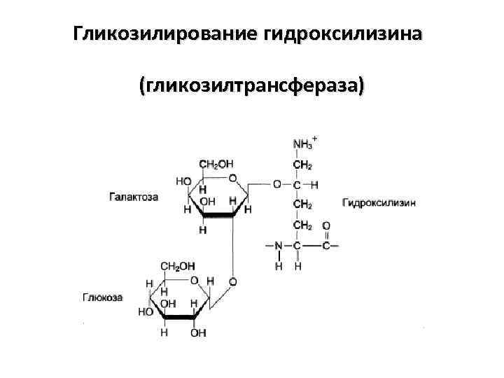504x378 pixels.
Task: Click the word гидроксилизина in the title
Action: point(343,34)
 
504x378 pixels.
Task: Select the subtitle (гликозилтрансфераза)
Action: point(252,86)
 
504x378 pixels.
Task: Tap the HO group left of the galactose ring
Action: point(183,181)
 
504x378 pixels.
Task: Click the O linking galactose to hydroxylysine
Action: point(277,185)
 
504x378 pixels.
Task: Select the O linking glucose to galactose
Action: point(232,281)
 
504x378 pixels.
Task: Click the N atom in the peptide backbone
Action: point(278,246)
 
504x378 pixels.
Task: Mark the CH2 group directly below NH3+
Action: point(302,165)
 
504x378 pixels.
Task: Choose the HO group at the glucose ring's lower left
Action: point(146,311)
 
